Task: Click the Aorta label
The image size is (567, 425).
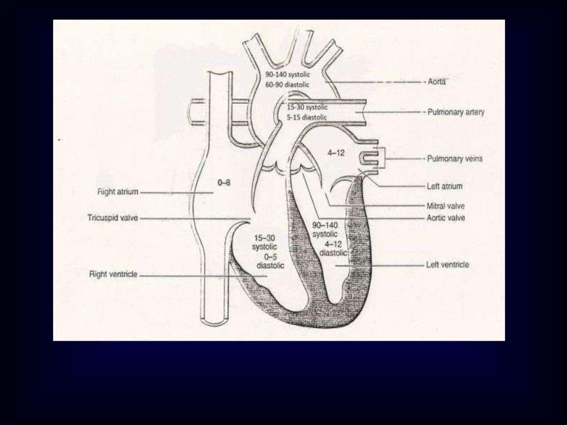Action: point(436,81)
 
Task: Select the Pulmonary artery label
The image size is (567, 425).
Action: point(455,112)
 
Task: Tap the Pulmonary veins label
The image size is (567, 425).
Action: point(455,159)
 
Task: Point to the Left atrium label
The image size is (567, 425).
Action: point(444,186)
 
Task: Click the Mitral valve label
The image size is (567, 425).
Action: point(445,206)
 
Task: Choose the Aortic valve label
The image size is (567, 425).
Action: point(445,218)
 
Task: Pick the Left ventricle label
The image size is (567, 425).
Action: point(447,264)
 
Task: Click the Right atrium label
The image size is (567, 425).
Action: point(118,191)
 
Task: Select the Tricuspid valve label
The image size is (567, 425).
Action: point(113,218)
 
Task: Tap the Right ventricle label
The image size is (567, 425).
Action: point(113,274)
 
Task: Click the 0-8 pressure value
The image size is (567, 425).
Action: point(224,183)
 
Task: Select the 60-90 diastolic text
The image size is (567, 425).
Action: point(288,85)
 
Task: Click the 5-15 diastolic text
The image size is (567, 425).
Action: point(307,117)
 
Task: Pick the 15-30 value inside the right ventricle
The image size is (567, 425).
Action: point(265,238)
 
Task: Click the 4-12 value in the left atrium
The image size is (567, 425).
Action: point(336,153)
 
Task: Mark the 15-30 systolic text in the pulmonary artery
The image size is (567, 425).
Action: point(307,107)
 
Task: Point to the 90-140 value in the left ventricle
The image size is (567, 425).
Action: point(325,225)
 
